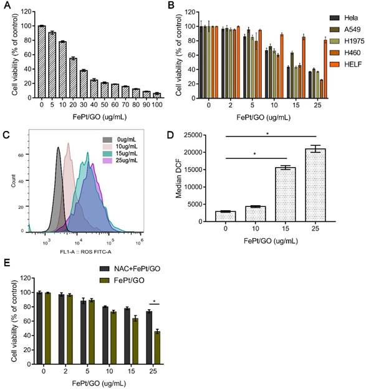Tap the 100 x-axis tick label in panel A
click(158, 104)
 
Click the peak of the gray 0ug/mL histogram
click(58, 148)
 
